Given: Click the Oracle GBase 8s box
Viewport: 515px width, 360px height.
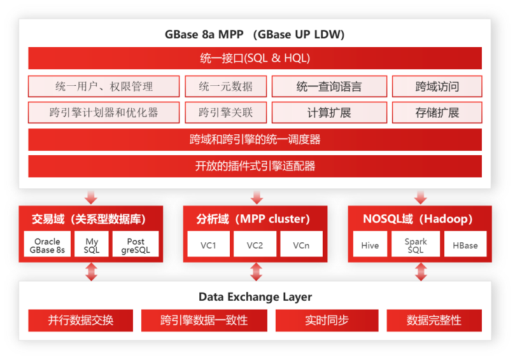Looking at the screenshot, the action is click(47, 244).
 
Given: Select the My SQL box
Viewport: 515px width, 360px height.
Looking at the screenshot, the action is click(92, 244).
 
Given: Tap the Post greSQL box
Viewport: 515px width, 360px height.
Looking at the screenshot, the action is click(136, 244).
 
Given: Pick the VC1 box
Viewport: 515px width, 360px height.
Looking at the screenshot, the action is click(209, 244).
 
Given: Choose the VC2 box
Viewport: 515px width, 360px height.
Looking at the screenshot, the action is click(255, 244).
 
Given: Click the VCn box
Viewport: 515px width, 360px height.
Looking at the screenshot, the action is click(302, 244).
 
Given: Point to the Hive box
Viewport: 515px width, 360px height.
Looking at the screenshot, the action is click(370, 244).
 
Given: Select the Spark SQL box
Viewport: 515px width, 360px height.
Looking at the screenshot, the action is click(416, 244).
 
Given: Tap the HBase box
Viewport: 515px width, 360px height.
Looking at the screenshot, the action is click(465, 244).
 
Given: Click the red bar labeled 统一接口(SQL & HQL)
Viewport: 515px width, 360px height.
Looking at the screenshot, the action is click(255, 58).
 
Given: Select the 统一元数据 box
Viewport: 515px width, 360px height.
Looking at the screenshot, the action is click(225, 87).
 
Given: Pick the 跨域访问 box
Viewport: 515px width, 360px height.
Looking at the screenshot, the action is click(437, 87).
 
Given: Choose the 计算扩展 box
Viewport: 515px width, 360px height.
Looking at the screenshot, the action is click(329, 113).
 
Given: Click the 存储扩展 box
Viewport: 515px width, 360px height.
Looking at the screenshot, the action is click(437, 113).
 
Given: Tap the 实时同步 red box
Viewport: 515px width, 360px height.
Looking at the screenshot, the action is click(327, 321).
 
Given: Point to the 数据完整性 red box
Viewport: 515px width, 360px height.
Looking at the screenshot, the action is click(434, 321).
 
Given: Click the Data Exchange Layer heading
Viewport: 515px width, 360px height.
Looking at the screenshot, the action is click(255, 297).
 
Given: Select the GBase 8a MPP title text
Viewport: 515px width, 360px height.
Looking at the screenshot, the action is click(204, 34).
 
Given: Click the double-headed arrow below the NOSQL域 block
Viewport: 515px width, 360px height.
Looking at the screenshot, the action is click(421, 272).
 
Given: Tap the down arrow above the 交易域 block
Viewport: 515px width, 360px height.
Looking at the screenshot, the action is click(91, 197).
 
